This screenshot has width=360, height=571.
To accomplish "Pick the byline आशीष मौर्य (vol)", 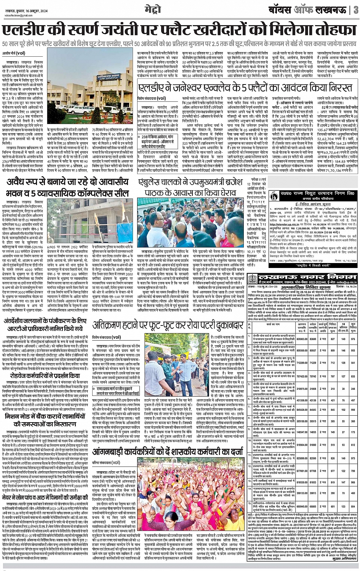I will pos(13,53).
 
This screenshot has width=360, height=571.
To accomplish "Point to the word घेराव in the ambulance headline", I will pos(222,193).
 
